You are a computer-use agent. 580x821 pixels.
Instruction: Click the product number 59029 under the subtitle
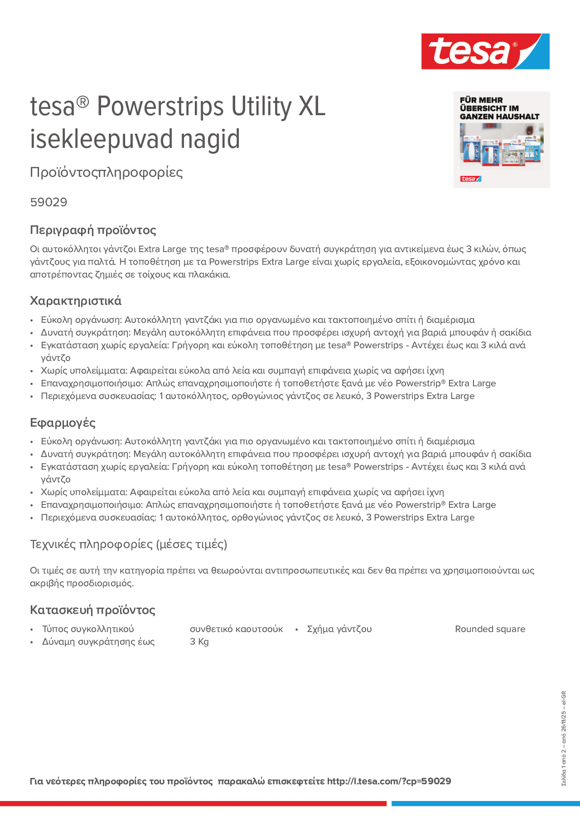49,202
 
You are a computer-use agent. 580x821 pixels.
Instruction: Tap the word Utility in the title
262,106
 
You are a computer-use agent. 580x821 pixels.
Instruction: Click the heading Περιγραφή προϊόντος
93,230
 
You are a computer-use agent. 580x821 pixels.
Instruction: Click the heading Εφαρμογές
63,423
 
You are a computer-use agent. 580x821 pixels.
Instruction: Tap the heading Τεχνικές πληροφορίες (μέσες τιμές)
128,544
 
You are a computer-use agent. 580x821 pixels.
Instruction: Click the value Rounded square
490,629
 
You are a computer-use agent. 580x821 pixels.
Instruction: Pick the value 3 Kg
199,641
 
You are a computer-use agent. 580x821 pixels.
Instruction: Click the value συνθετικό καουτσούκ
236,629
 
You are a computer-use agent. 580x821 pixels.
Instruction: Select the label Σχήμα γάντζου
339,629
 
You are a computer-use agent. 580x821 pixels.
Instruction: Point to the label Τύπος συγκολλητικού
88,629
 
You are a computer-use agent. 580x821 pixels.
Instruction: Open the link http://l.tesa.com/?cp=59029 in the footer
389,781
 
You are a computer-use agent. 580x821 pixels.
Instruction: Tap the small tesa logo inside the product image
471,179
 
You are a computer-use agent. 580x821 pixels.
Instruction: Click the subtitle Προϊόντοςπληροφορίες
106,172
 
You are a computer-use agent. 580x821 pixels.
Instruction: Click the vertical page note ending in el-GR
563,738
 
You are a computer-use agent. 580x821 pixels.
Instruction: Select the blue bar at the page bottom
485,803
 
